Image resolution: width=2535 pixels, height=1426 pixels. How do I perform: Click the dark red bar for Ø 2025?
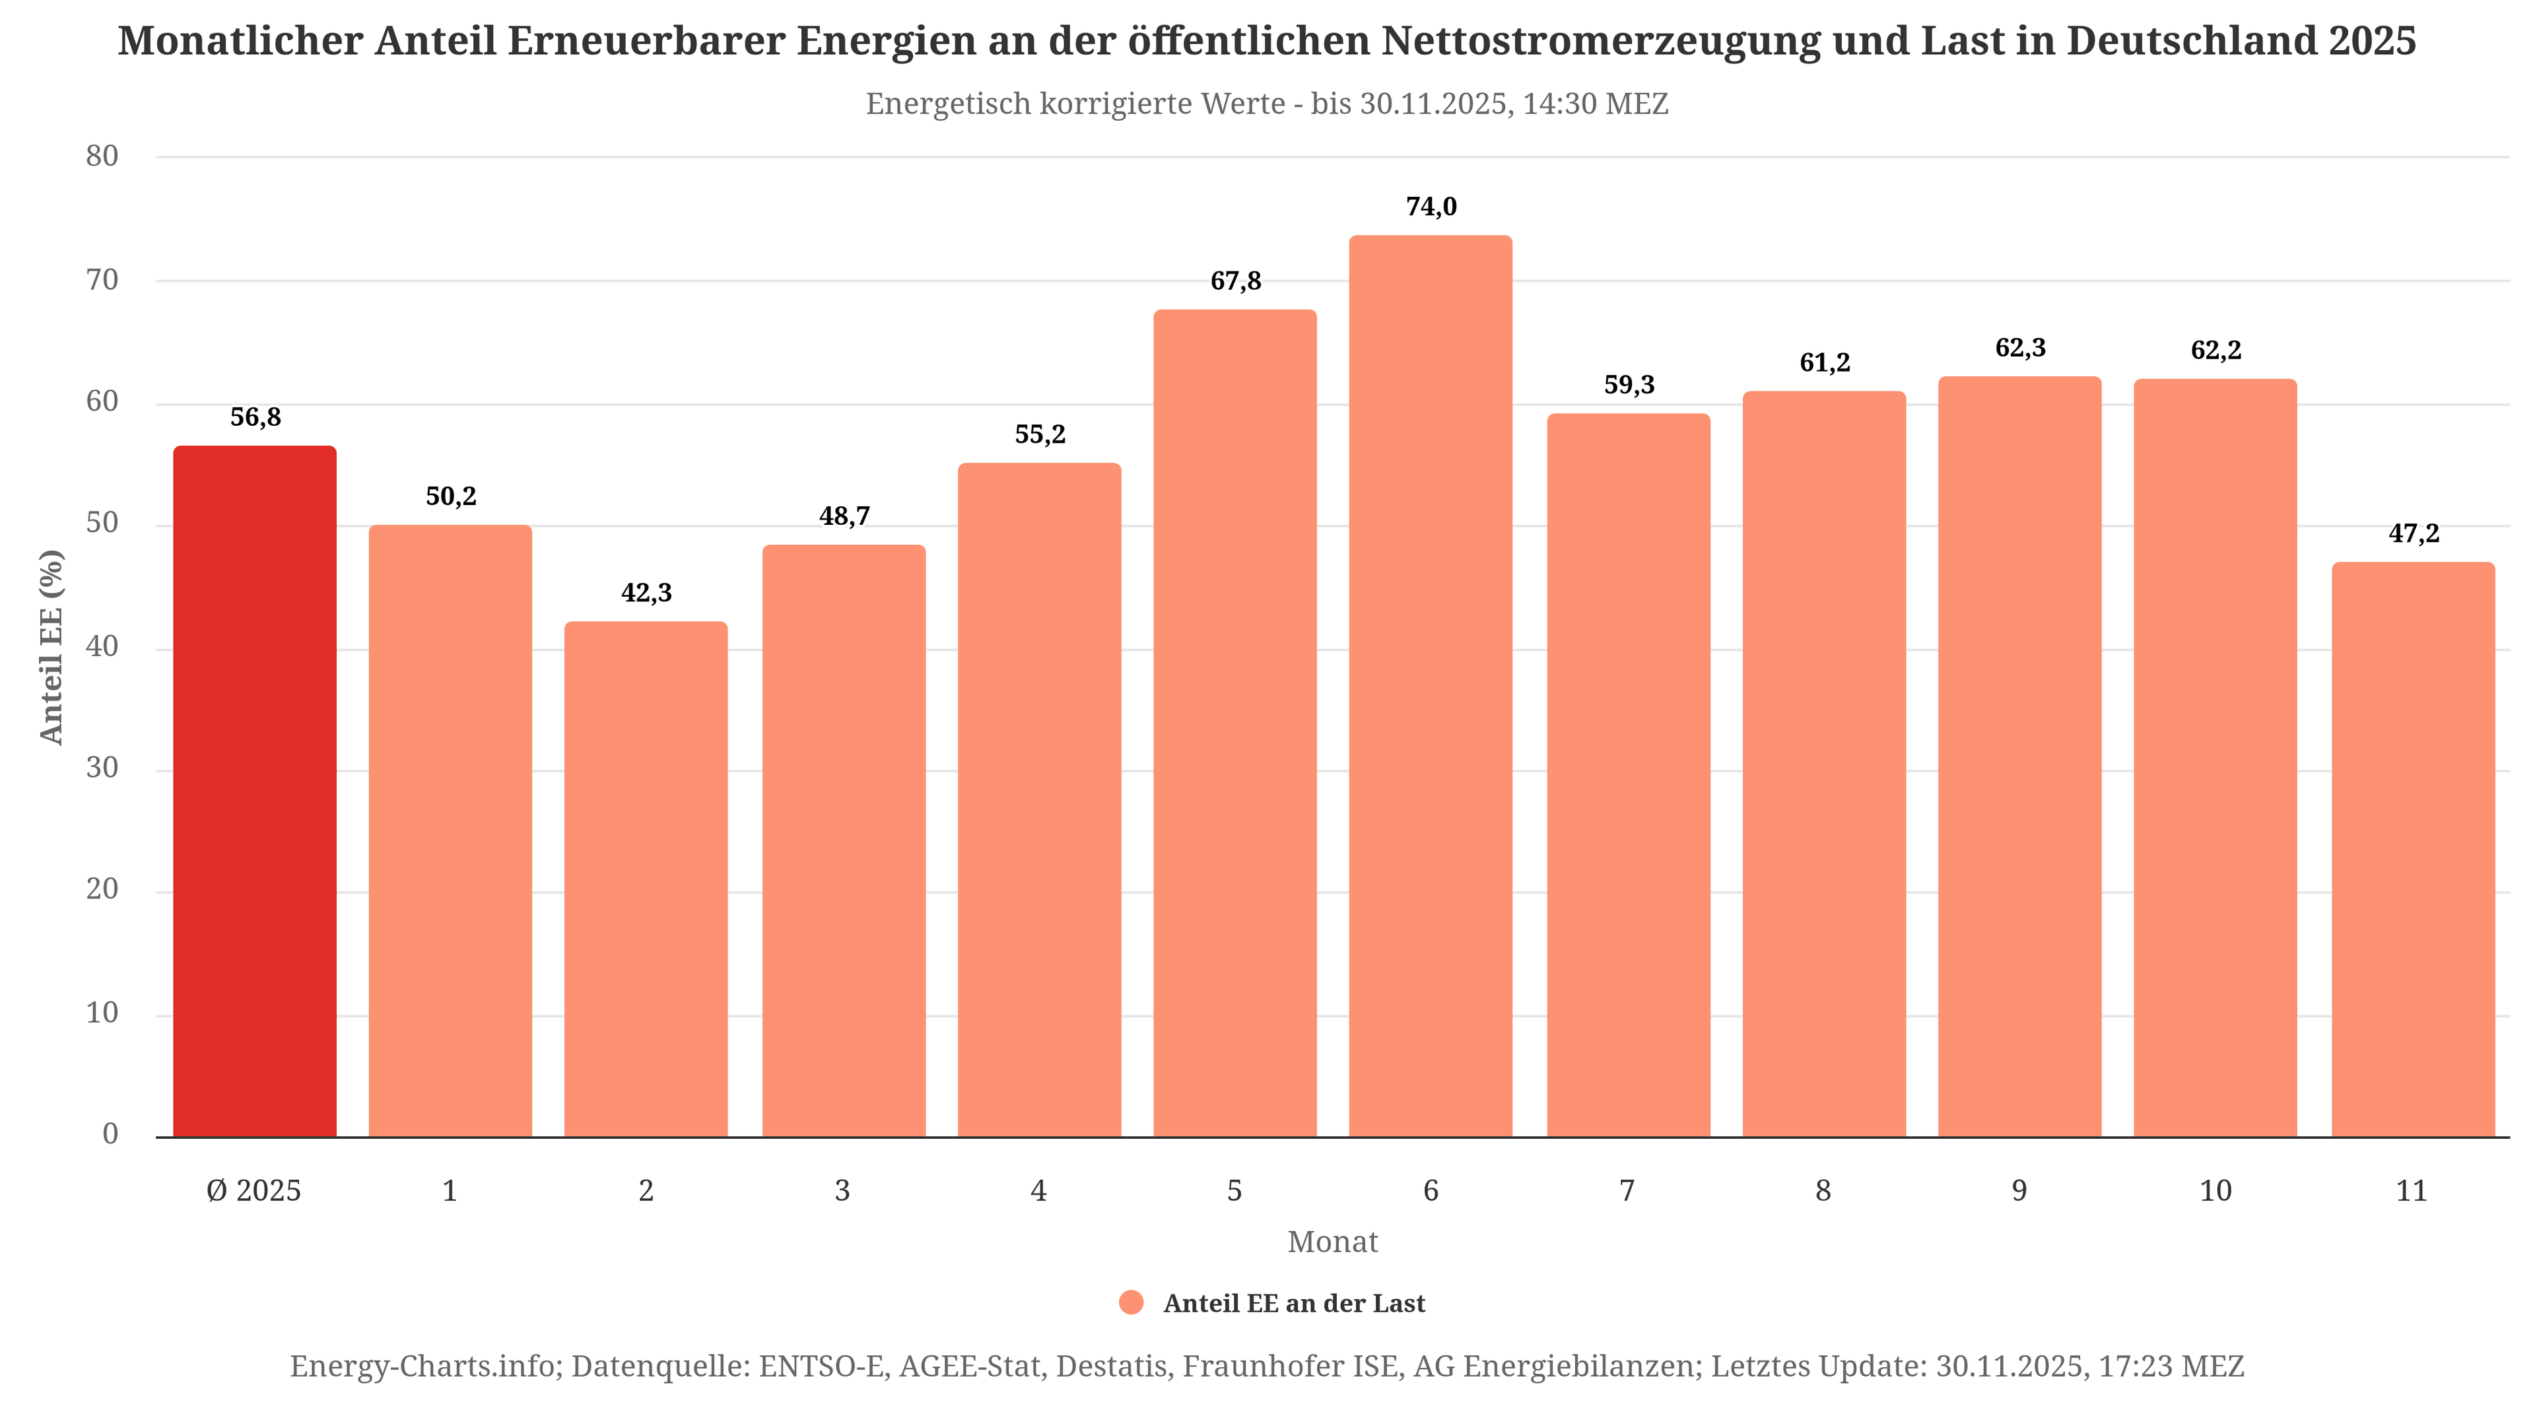[255, 792]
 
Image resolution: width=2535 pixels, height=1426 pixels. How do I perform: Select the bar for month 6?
[1430, 687]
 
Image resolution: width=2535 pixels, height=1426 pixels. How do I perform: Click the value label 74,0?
[1431, 207]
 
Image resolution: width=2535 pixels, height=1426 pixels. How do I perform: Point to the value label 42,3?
[646, 592]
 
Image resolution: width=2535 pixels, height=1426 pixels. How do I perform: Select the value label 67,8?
[1235, 281]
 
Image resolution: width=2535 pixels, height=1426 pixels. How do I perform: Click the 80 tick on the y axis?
[102, 156]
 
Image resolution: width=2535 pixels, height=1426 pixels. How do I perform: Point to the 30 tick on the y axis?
[102, 768]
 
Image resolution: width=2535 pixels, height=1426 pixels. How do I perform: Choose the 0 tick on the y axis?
[110, 1134]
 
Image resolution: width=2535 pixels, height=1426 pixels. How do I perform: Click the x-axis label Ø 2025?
[254, 1191]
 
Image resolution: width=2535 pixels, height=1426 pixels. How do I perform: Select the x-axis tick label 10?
[2215, 1191]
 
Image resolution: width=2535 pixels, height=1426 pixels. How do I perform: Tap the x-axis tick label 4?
[1038, 1191]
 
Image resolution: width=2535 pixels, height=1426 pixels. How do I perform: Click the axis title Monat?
[1332, 1242]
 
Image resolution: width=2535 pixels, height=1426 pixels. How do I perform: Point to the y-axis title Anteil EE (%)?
[51, 646]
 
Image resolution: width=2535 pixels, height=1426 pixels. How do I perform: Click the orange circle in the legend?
[1132, 1303]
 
